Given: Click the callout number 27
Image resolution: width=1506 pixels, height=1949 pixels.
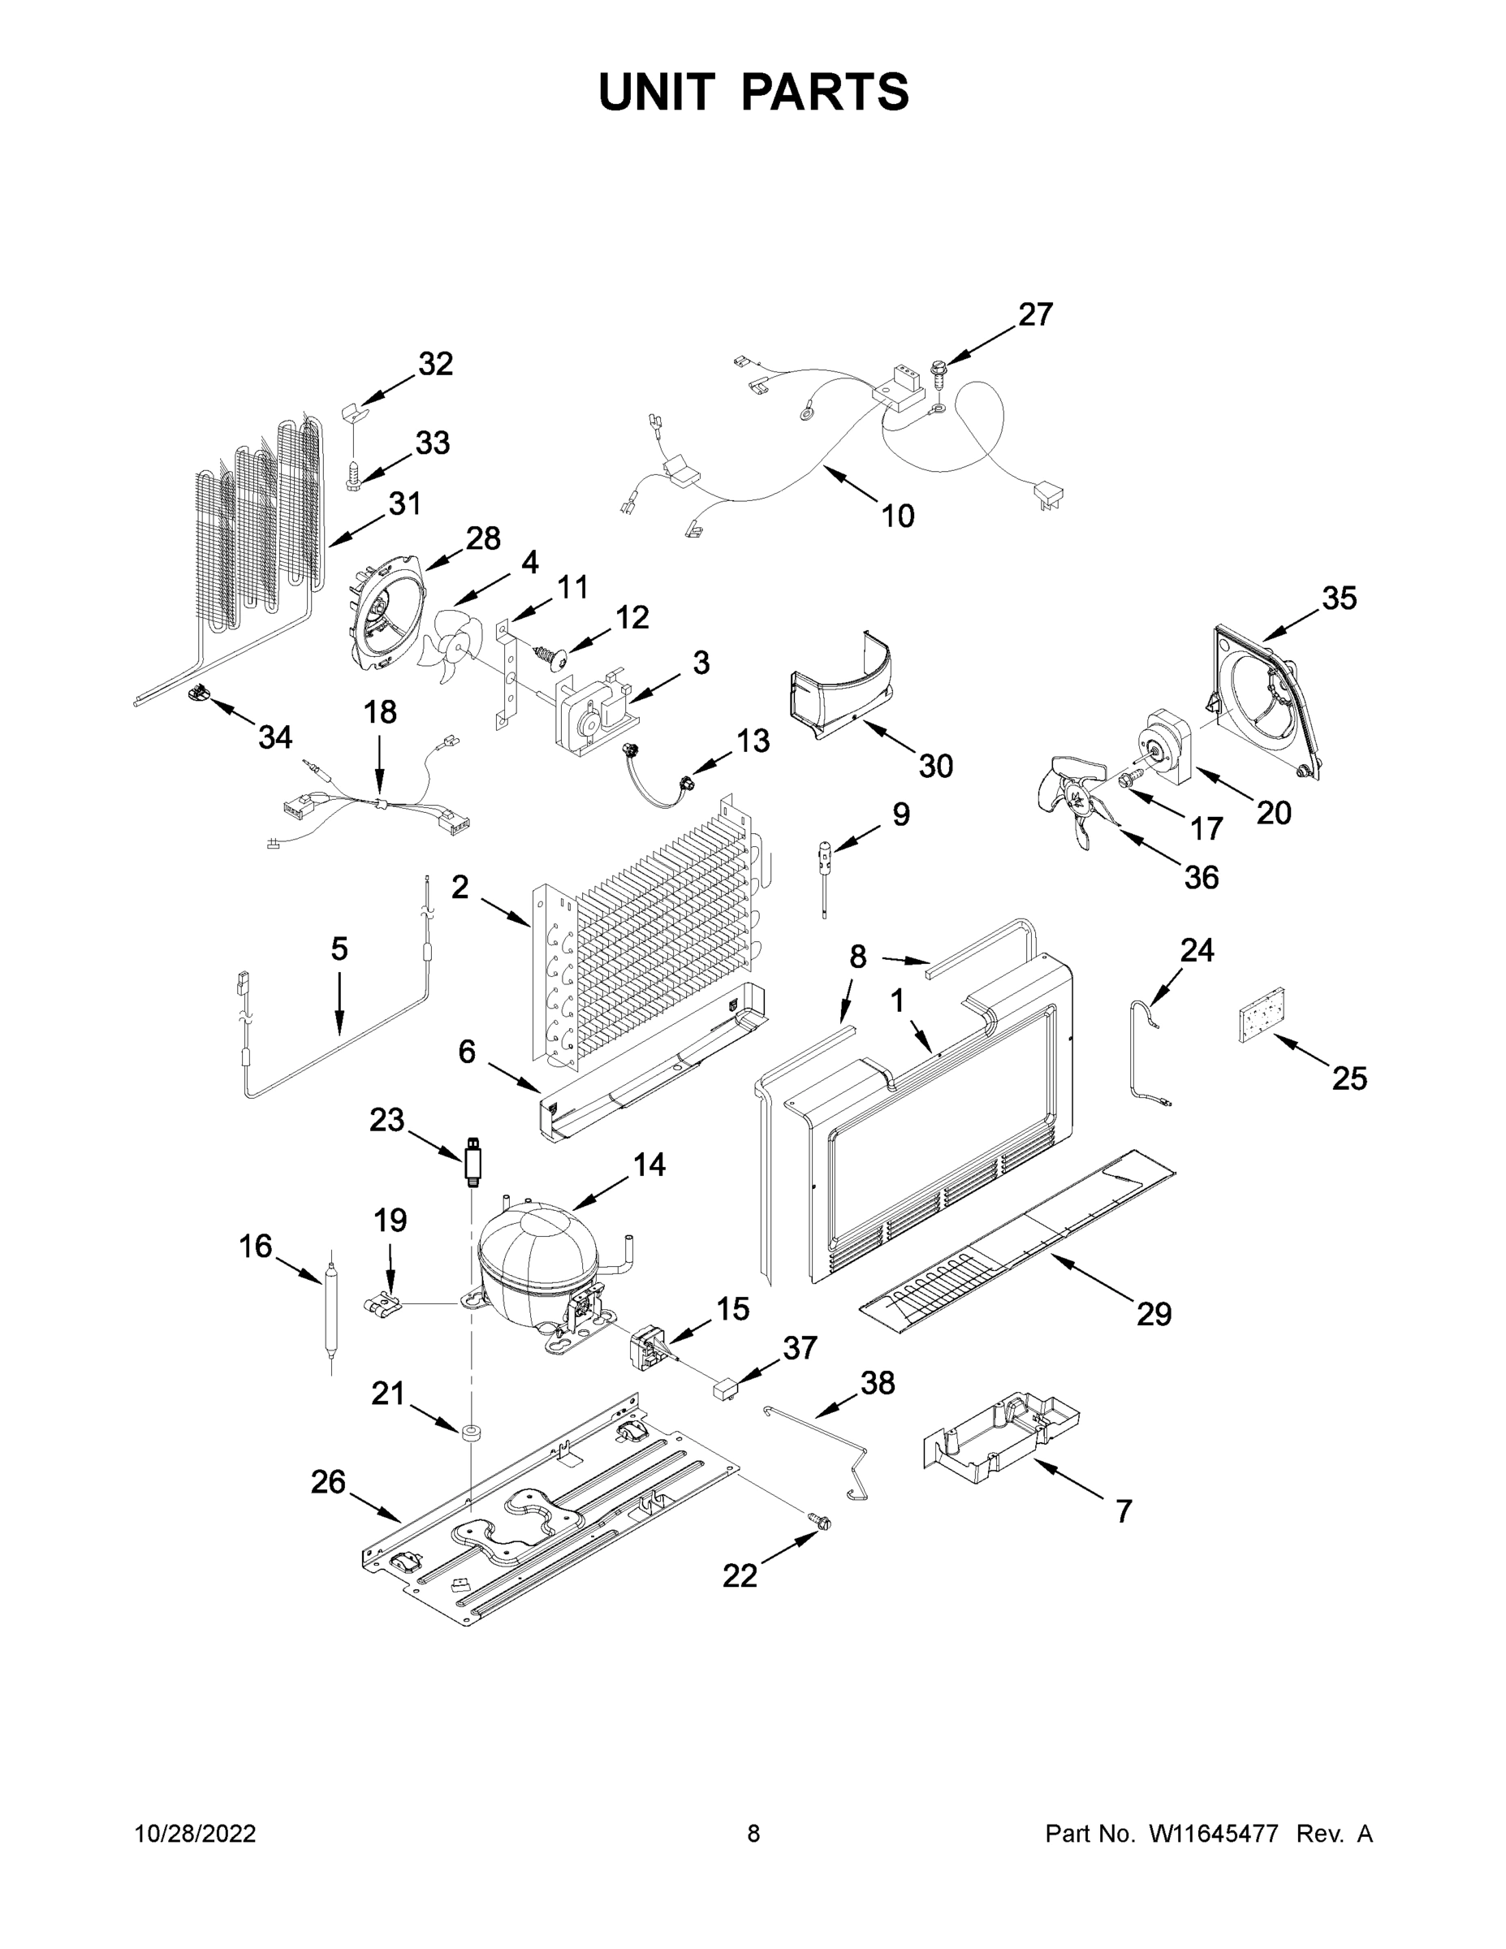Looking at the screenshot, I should tap(1035, 314).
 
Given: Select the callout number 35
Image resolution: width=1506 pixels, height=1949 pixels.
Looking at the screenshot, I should tap(1338, 598).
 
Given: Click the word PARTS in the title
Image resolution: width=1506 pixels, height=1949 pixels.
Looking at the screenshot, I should tap(826, 92).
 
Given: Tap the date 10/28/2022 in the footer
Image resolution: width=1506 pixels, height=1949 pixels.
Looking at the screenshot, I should tap(195, 1833).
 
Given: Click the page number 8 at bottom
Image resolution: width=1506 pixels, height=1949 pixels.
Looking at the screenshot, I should tap(753, 1833).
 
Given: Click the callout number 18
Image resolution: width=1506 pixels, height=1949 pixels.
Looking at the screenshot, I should tap(380, 712).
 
